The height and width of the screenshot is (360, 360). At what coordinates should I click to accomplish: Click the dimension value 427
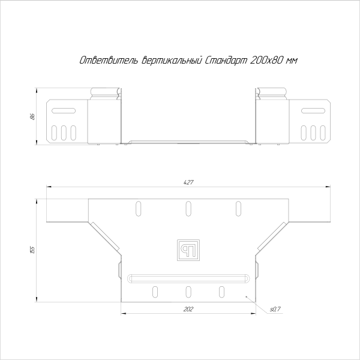188,182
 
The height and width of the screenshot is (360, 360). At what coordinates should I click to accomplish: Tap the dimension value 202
188,308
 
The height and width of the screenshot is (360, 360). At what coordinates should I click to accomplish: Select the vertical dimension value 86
31,115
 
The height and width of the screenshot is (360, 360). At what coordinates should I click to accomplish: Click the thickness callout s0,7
275,309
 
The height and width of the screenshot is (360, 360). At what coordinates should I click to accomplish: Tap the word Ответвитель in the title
109,61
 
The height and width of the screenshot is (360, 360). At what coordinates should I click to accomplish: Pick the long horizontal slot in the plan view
188,278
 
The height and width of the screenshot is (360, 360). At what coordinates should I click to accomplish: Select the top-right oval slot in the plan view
238,208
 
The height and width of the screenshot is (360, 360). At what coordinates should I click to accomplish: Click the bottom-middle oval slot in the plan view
188,292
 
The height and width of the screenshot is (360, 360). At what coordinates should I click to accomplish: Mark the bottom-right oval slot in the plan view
221,292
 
